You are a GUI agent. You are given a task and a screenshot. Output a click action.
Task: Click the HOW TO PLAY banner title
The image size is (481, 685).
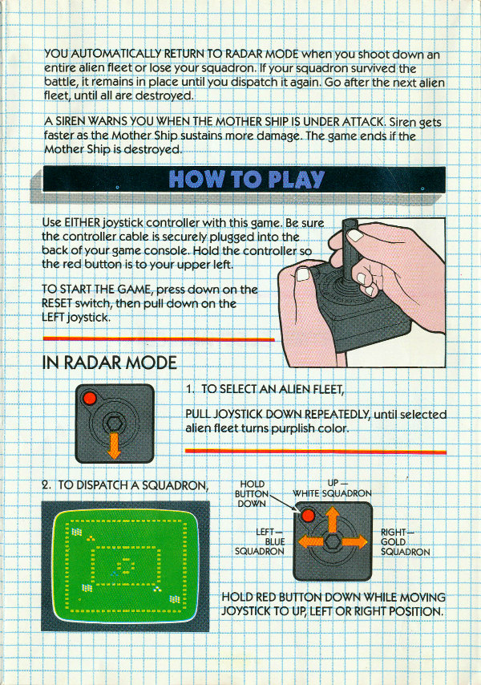(246, 179)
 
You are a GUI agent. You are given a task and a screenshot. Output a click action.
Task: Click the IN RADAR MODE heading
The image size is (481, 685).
(109, 363)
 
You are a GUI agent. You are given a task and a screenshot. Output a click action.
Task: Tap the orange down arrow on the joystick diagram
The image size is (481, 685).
(114, 445)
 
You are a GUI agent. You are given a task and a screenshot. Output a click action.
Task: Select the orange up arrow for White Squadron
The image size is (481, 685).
(333, 519)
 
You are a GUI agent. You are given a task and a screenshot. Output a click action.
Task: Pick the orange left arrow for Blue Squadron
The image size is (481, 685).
(311, 541)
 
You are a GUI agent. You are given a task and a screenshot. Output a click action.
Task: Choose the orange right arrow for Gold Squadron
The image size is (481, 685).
(355, 541)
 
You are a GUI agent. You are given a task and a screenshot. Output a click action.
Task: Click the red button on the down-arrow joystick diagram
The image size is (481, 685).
(90, 398)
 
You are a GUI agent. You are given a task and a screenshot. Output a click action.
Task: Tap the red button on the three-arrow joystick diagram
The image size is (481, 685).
(308, 516)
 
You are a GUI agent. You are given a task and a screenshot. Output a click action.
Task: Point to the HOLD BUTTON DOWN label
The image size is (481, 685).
(252, 493)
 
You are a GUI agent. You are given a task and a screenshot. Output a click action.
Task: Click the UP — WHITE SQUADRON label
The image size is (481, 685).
(332, 488)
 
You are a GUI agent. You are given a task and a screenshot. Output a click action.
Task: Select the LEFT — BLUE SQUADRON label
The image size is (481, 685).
(260, 541)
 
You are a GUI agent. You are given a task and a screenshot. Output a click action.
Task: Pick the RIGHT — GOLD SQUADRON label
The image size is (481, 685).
(405, 542)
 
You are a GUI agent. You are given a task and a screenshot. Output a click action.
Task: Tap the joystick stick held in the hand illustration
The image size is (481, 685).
(350, 250)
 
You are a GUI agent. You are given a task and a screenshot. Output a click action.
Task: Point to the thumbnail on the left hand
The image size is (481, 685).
(302, 274)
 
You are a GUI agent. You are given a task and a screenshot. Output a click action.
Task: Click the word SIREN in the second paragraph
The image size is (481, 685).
(71, 121)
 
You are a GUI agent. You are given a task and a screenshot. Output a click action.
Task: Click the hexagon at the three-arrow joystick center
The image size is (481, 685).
(333, 541)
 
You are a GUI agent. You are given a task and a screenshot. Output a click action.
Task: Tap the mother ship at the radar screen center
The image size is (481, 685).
(125, 565)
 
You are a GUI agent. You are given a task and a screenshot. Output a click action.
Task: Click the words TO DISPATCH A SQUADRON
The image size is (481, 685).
(133, 485)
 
